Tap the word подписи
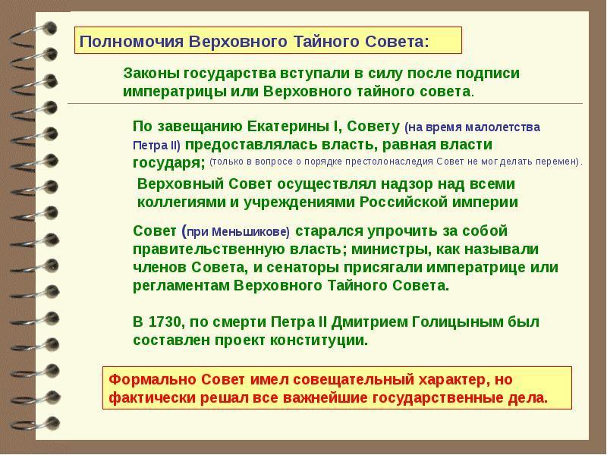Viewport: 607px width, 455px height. [x=487, y=74]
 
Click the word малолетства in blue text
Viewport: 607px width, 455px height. [x=502, y=127]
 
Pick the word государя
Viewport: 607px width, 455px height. [x=168, y=163]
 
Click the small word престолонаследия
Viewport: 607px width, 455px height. [x=389, y=162]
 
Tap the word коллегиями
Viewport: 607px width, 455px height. [x=183, y=202]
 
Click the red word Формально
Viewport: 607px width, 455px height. [x=153, y=379]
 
